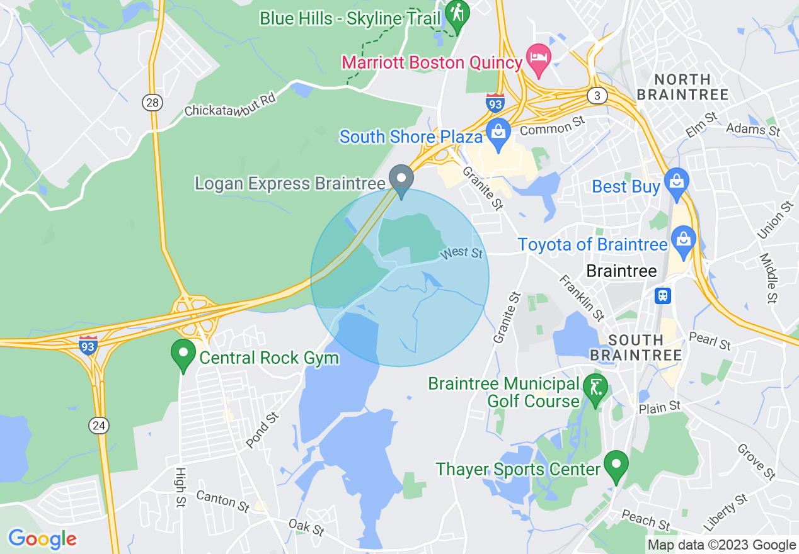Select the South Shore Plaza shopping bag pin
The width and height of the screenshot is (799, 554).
click(x=498, y=133)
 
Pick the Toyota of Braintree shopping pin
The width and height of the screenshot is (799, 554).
click(x=683, y=240)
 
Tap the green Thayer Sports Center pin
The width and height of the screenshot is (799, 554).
click(x=616, y=465)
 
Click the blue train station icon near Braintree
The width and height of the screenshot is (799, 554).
click(x=663, y=295)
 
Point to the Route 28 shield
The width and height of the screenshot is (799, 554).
click(x=152, y=102)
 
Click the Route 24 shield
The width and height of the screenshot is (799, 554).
click(x=98, y=426)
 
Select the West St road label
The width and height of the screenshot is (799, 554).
click(x=462, y=252)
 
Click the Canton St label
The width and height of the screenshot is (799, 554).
click(x=222, y=501)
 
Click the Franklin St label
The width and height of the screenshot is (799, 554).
click(x=582, y=297)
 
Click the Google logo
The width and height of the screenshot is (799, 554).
click(x=42, y=539)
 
